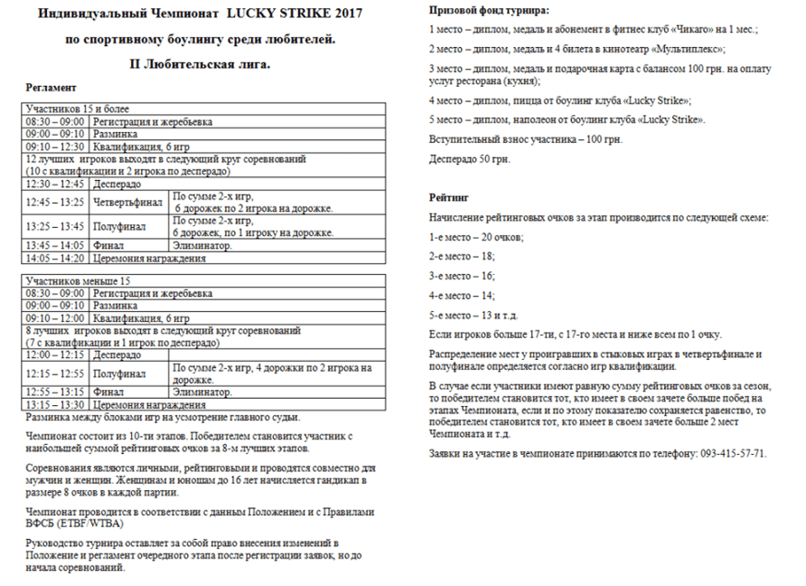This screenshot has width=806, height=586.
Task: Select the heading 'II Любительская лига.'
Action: click(x=201, y=65)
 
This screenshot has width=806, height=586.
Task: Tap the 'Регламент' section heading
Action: click(x=52, y=87)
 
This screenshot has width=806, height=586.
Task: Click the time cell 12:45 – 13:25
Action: click(x=55, y=202)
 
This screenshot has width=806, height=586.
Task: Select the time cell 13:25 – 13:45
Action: click(x=55, y=226)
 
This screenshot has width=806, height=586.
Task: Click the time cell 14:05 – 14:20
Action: click(x=55, y=258)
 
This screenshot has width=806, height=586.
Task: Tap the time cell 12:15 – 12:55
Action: click(x=55, y=373)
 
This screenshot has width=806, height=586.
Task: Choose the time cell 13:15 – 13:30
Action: click(x=55, y=404)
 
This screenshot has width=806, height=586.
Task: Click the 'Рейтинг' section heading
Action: click(x=449, y=196)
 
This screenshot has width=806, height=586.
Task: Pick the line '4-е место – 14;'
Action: click(x=462, y=296)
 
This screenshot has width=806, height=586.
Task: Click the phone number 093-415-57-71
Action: click(x=731, y=452)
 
